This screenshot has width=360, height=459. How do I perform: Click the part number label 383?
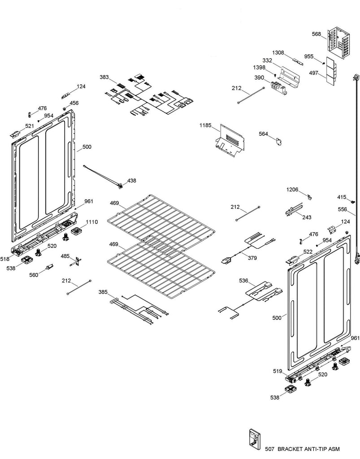104,78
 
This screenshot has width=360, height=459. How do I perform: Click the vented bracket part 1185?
230,142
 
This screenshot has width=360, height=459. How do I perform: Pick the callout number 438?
131,181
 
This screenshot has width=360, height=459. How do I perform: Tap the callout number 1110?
91,222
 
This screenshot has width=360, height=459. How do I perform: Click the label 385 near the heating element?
103,292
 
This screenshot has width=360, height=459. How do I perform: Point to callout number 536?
243,281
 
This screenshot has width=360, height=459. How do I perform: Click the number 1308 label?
279,52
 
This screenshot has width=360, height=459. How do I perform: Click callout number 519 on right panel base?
278,372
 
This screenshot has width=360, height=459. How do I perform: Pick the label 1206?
293,190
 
